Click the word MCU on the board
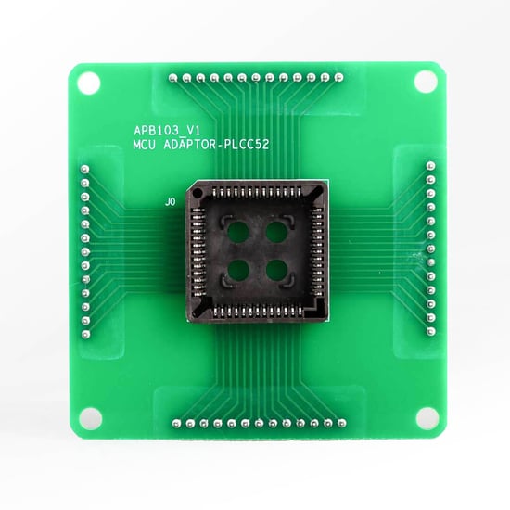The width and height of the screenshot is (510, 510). pos(147,147)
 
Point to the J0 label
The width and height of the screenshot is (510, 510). pos(169,201)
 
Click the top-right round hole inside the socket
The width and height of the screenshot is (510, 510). pos(274,231)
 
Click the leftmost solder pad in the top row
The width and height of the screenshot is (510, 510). pos(173,78)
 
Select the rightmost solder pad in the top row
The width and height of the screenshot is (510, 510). pos(338,78)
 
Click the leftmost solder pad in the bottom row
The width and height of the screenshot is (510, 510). pos(173,423)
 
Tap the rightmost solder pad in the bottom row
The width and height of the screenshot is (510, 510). pos(338,423)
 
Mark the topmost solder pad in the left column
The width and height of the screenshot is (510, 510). pos(83,168)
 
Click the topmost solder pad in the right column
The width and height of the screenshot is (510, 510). pos(429,164)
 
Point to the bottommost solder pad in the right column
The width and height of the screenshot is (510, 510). pos(429,328)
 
